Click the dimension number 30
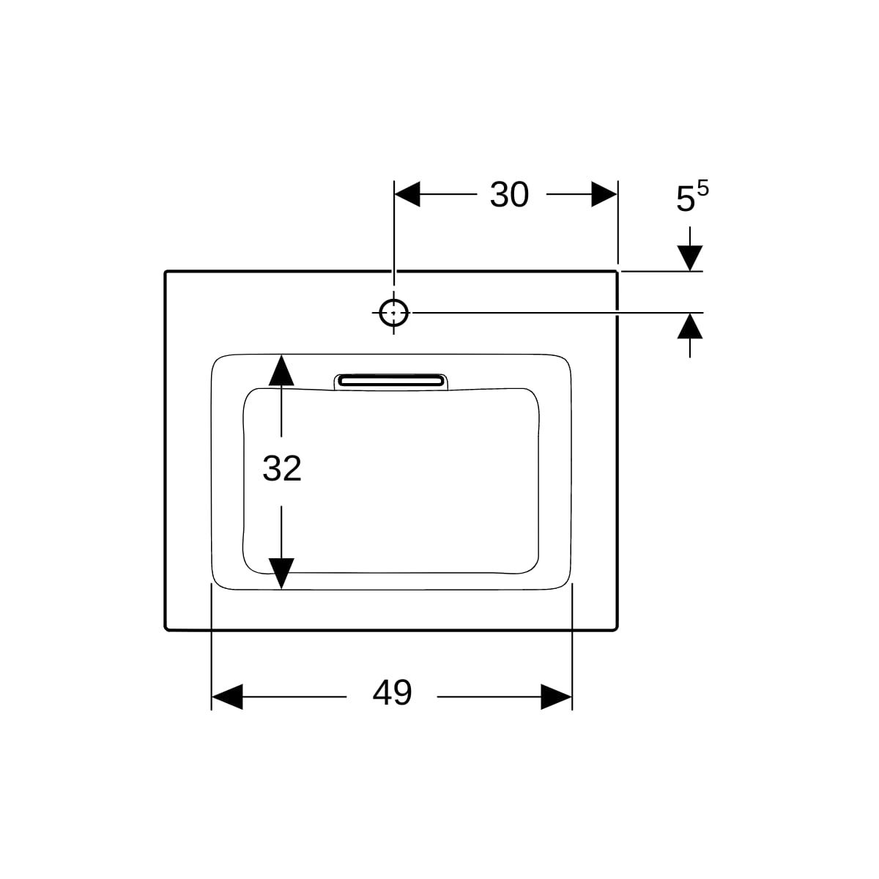coord(509,195)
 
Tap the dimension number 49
coord(392,692)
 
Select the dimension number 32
coord(282,469)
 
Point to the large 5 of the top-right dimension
coord(685,199)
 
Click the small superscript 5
coord(703,188)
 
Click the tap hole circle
coord(393,313)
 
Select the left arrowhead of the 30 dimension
coord(407,194)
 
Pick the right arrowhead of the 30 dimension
coord(604,194)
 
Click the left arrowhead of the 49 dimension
coord(227,697)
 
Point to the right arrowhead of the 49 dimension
coord(556,697)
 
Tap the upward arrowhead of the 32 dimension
coord(281,370)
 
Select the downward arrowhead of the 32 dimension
coord(281,574)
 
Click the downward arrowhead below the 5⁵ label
coord(690,258)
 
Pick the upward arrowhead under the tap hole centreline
coord(690,326)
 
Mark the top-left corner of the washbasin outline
coord(165,272)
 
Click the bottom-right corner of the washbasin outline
coord(617,630)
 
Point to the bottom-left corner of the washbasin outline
coord(165,630)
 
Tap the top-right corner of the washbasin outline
coord(617,272)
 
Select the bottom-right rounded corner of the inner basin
coord(532,566)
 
